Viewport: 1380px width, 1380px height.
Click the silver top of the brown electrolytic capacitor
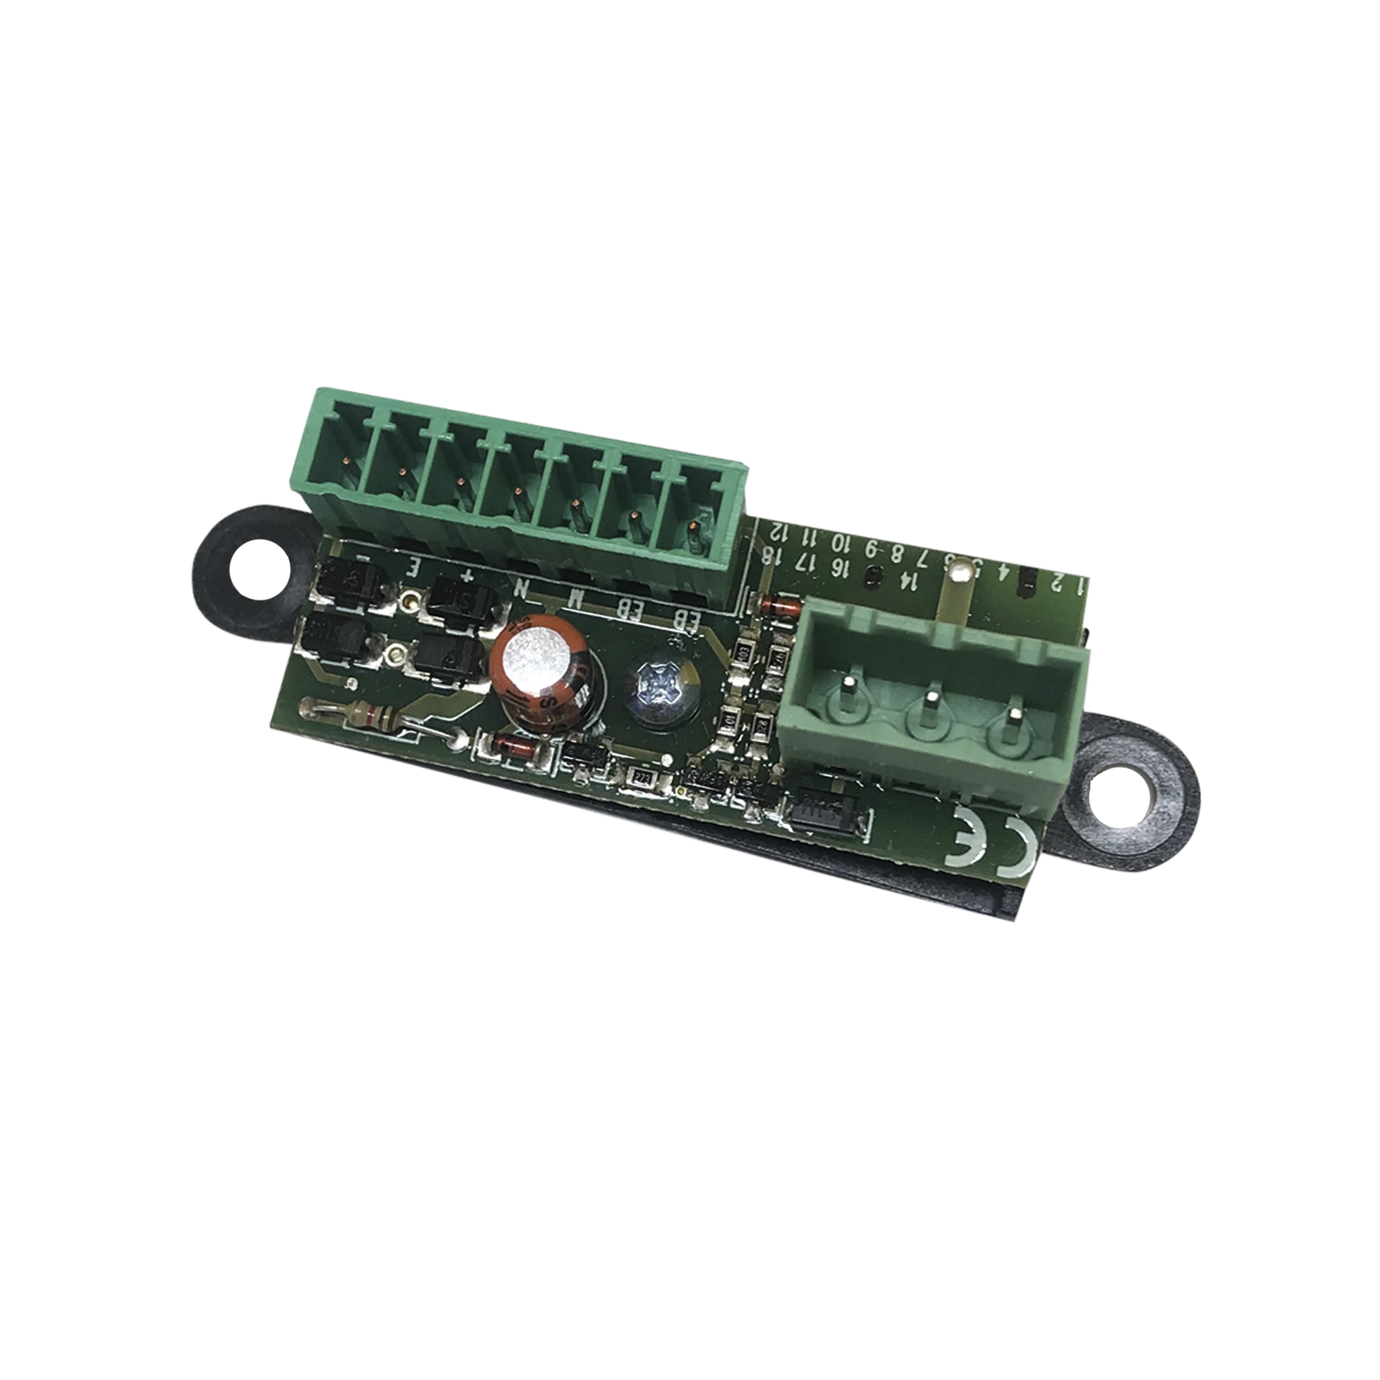coord(533,655)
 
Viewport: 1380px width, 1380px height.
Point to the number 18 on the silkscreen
coord(768,555)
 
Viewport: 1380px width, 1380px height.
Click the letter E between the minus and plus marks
coord(413,568)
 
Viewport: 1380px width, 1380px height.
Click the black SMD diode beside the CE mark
coord(829,811)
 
